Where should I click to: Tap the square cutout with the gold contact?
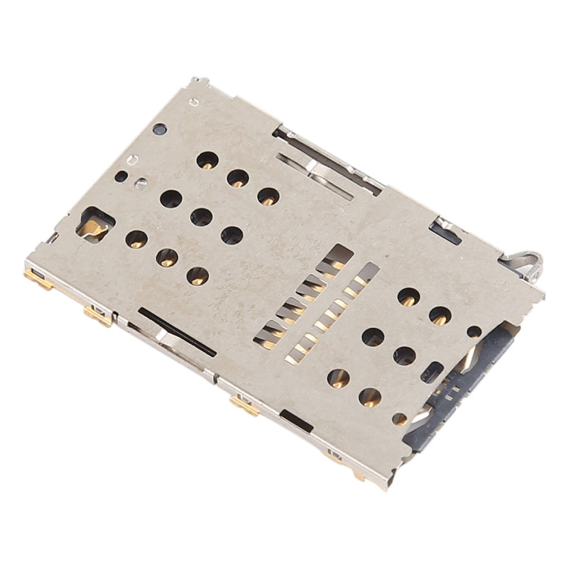[x=97, y=224]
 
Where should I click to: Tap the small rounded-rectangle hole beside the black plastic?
[x=435, y=370]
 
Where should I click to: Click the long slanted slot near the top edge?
[x=314, y=176]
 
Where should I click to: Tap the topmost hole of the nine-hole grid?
[x=206, y=160]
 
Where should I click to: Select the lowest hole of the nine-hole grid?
[x=197, y=276]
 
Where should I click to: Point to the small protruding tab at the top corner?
[x=199, y=82]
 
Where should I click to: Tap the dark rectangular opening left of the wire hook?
[x=448, y=229]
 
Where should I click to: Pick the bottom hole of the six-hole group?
[x=370, y=396]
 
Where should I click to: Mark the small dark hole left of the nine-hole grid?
[x=121, y=176]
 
